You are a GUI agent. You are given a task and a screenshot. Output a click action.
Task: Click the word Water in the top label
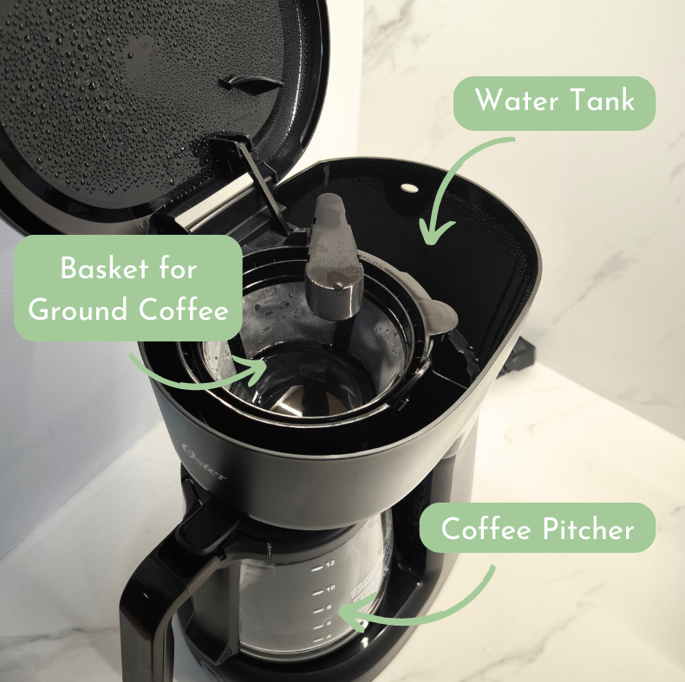(517, 101)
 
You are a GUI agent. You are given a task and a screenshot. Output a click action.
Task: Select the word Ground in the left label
(79, 309)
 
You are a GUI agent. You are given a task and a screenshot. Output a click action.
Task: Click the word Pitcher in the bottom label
(588, 529)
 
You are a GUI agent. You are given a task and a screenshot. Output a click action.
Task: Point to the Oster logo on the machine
(205, 462)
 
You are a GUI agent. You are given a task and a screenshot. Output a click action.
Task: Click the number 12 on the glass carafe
(329, 563)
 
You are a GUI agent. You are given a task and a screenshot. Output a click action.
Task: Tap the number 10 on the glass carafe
(330, 588)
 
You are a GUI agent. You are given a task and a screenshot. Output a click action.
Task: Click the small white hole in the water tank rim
(409, 188)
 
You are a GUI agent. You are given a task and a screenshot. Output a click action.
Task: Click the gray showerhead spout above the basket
(333, 257)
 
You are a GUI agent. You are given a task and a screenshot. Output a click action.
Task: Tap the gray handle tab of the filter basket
(438, 315)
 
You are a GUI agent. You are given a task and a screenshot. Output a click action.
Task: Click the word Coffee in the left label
(184, 309)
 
